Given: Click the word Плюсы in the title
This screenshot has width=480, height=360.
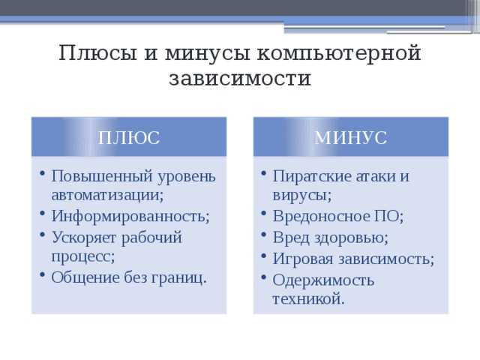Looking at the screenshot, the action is click(x=97, y=52).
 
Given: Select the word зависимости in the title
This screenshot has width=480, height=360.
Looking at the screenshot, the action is click(x=240, y=78).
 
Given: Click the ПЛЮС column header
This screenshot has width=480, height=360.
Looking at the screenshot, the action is click(x=129, y=137).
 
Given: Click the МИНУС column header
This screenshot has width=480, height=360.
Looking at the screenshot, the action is click(x=351, y=137).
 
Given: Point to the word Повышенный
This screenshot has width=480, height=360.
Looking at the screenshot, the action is click(x=102, y=176).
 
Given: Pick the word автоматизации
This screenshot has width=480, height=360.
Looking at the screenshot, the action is click(x=106, y=195).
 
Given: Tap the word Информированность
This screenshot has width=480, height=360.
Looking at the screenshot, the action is click(x=129, y=217).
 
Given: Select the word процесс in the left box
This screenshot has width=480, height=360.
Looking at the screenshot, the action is click(x=82, y=256).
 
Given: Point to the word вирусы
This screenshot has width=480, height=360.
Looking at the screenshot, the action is click(x=301, y=195).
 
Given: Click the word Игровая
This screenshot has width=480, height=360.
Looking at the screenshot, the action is click(x=302, y=259).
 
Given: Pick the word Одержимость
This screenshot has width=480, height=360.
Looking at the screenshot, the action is click(x=323, y=280).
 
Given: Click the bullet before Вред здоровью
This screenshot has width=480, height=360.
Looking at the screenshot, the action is click(x=263, y=235).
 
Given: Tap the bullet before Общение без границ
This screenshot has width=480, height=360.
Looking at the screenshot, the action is click(x=43, y=274).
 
